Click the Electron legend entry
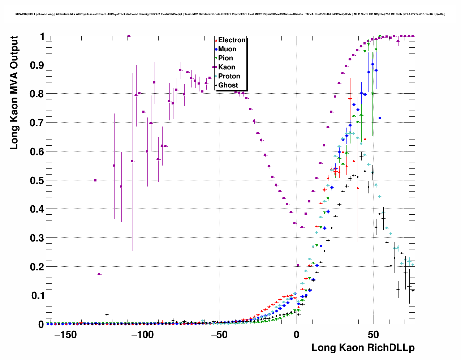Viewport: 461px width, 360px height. coord(232,40)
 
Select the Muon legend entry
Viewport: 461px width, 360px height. coord(227,49)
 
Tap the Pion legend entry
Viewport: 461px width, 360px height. coord(225,58)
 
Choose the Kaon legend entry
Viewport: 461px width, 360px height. coord(227,67)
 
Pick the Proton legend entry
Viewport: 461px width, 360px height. coord(229,76)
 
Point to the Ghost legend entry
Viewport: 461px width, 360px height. coord(228,85)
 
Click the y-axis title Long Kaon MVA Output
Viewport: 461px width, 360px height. coord(14,93)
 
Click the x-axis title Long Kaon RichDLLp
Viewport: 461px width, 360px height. coord(363,348)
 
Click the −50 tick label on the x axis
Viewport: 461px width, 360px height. coord(218,335)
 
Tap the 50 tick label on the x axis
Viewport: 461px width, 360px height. coord(374,335)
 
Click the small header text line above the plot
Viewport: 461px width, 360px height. coord(230,14)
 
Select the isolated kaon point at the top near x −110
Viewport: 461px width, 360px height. coord(128,36)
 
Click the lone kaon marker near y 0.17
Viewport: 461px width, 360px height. coord(99,274)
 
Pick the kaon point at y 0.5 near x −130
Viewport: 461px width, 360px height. coord(95,180)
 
